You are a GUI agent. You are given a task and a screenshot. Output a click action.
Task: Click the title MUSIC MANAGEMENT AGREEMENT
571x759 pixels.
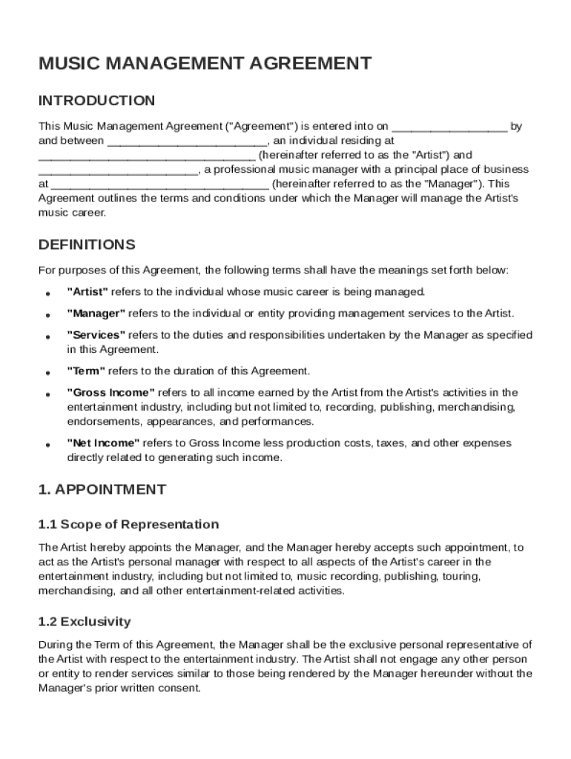(x=205, y=64)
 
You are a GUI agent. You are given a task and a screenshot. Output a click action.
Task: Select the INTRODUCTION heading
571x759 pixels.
(x=96, y=101)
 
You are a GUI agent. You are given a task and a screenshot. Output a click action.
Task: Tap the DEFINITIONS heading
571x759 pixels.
(x=87, y=245)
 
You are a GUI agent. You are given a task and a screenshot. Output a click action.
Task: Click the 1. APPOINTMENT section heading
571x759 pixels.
(x=102, y=489)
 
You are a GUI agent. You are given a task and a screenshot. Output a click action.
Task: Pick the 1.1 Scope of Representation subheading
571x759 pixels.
(x=128, y=525)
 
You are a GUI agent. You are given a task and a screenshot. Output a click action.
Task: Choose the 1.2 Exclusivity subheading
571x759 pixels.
(x=85, y=621)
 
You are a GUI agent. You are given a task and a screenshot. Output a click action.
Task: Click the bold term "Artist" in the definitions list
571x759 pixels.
(x=88, y=292)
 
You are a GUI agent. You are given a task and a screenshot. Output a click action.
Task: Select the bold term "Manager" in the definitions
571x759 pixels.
(x=96, y=314)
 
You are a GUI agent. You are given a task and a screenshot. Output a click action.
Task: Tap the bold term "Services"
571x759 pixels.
(x=96, y=335)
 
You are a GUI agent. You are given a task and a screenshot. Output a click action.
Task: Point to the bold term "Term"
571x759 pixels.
(x=86, y=371)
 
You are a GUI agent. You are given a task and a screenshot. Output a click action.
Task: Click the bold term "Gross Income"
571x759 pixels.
(x=110, y=393)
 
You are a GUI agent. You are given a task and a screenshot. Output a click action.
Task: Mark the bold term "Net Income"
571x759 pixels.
(x=103, y=443)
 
